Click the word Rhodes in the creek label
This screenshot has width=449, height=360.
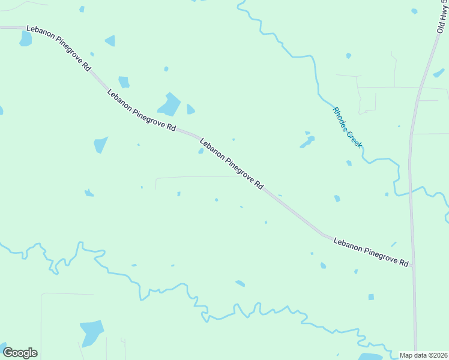click(x=340, y=116)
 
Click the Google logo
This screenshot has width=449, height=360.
click(x=20, y=353)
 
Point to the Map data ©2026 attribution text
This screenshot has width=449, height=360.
click(x=423, y=355)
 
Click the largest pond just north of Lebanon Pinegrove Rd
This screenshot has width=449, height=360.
click(x=170, y=106)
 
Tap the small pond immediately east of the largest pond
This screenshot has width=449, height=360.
click(x=190, y=109)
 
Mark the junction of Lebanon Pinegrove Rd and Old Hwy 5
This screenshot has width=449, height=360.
click(x=412, y=266)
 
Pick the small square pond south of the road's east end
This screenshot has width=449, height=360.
click(x=371, y=297)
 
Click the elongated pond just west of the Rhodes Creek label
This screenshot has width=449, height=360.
click(x=308, y=142)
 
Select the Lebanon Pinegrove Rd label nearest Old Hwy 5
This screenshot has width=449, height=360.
click(x=371, y=252)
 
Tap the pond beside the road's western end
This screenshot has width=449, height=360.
click(x=25, y=39)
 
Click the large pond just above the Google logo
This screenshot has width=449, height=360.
click(x=92, y=332)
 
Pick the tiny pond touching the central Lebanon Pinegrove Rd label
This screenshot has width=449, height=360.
click(x=201, y=151)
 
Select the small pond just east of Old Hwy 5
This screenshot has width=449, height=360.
click(x=439, y=73)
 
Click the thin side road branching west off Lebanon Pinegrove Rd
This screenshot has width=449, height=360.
click(x=192, y=177)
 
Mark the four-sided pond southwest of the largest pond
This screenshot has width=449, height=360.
click(x=100, y=145)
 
